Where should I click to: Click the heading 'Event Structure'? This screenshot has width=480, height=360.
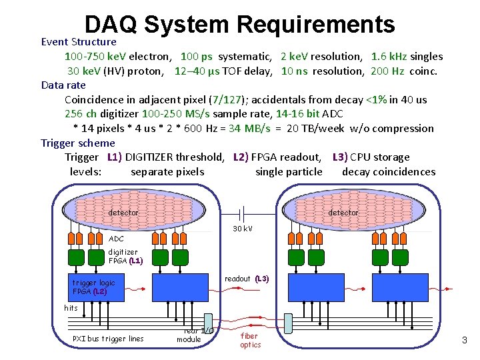point(79,42)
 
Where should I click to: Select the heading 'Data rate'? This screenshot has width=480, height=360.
point(63,85)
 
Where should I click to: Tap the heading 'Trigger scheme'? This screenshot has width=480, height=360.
point(78,143)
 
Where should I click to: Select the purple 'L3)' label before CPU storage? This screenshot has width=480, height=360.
point(341,157)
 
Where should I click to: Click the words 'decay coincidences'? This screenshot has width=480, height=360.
point(389,172)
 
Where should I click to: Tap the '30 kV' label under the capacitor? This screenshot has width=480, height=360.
point(242,229)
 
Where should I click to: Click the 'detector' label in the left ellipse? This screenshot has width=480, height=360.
point(123,213)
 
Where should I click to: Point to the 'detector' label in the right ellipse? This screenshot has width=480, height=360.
point(343,213)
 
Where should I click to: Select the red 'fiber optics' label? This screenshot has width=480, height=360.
point(251,340)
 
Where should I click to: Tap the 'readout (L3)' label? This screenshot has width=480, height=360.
point(246,279)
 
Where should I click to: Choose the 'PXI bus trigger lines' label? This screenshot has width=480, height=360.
point(108,339)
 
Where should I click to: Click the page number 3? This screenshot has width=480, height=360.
point(465,341)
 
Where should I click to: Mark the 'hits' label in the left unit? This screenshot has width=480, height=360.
point(71,308)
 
